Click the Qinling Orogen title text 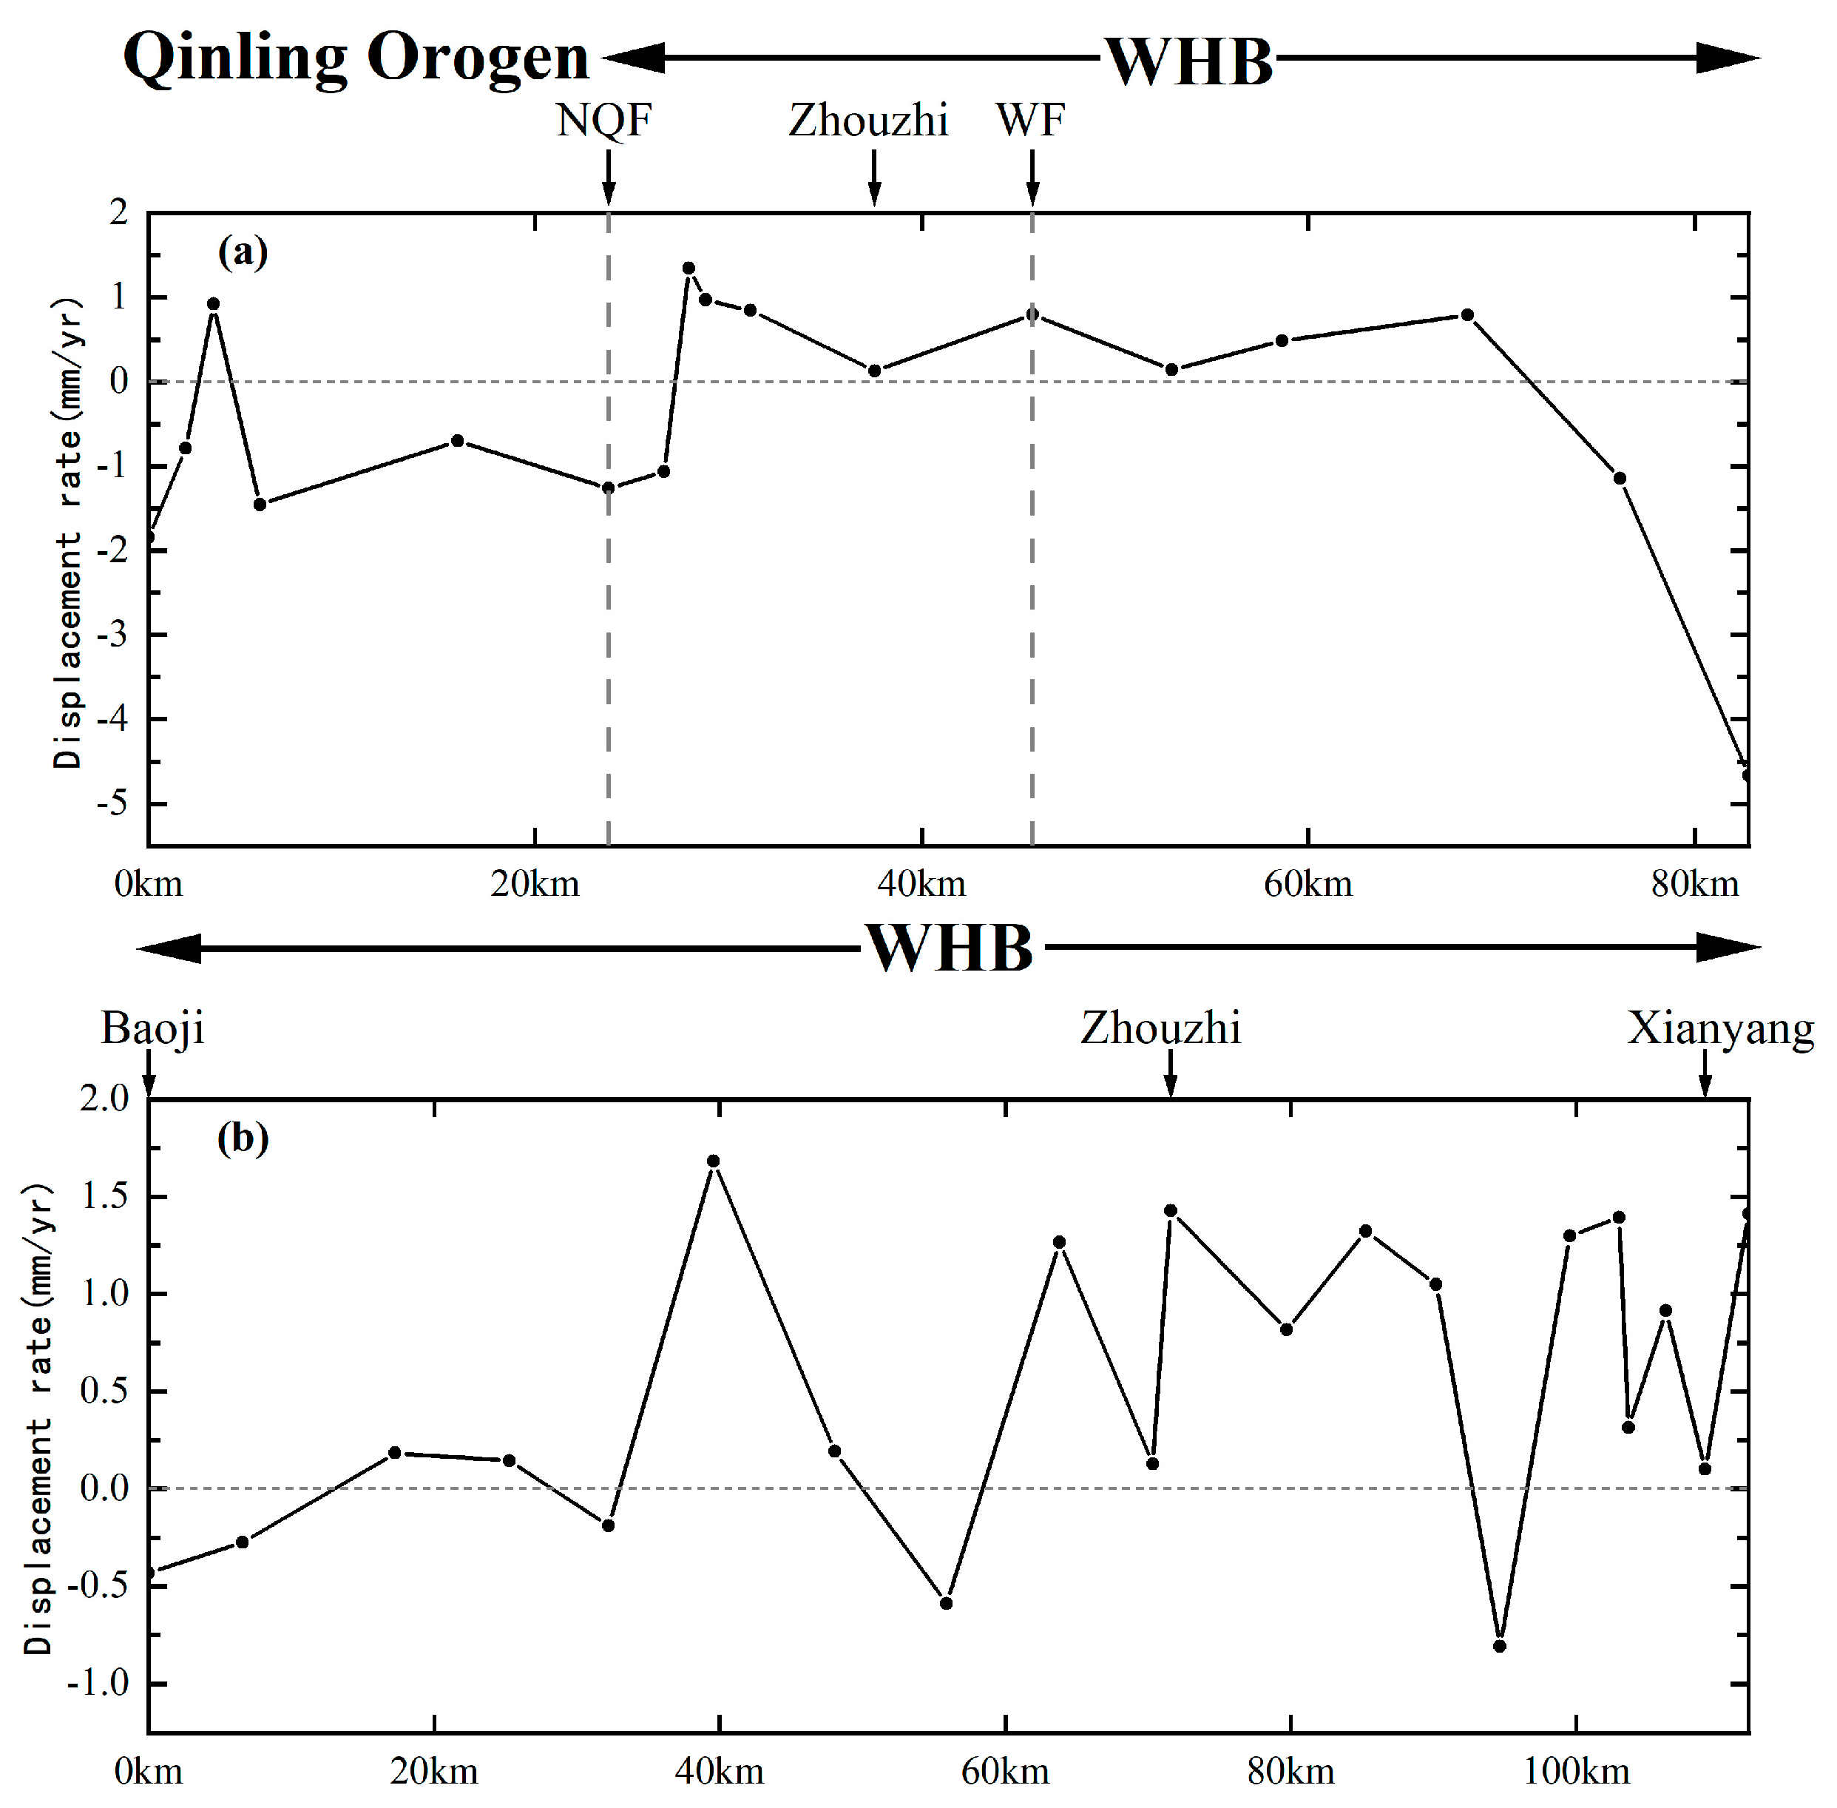click(x=356, y=59)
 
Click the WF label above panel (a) click(x=1030, y=121)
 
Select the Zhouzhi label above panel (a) click(x=867, y=121)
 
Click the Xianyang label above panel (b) click(x=1719, y=1028)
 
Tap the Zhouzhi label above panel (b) click(x=1160, y=1028)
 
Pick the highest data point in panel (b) click(x=714, y=1161)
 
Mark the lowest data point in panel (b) click(x=1500, y=1647)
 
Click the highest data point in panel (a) click(x=689, y=269)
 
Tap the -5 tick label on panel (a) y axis click(x=111, y=804)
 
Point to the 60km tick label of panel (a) click(x=1307, y=885)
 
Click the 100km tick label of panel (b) click(x=1576, y=1772)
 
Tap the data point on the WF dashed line click(x=1032, y=314)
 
